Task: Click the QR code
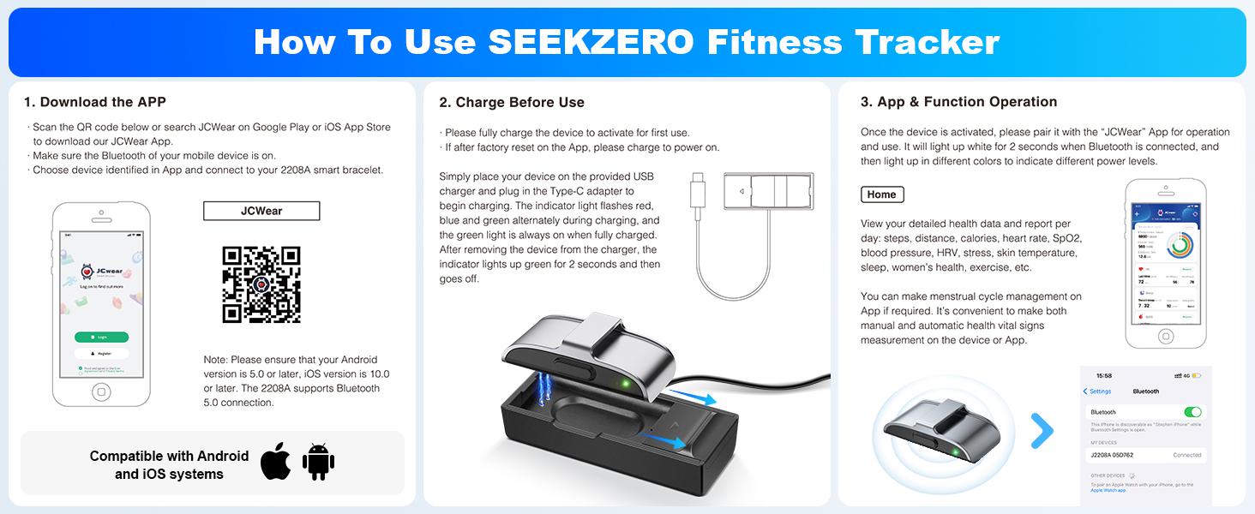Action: click(x=261, y=284)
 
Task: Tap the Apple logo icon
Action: click(x=276, y=461)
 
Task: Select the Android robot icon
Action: click(x=318, y=462)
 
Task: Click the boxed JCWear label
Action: click(x=261, y=211)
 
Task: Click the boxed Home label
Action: click(x=881, y=194)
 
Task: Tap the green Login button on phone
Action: click(x=102, y=337)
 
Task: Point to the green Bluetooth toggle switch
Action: click(x=1192, y=412)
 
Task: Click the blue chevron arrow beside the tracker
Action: click(x=1042, y=431)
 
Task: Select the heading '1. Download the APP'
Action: click(x=95, y=102)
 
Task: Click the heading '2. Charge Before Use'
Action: click(x=512, y=102)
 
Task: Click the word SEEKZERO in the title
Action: click(x=591, y=42)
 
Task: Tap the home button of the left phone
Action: click(x=102, y=391)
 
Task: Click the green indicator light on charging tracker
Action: click(x=627, y=384)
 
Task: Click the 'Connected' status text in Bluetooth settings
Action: click(x=1187, y=455)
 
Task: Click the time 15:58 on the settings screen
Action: click(x=1104, y=375)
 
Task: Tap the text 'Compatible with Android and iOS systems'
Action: click(x=169, y=465)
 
